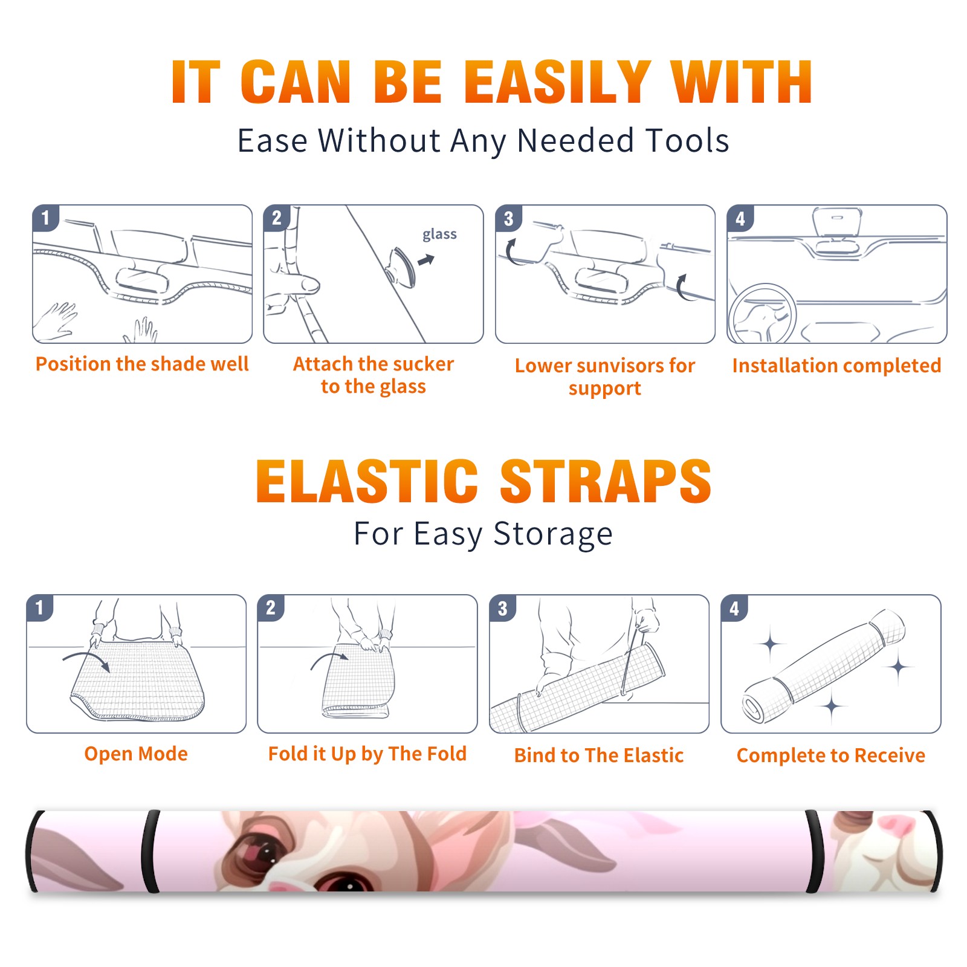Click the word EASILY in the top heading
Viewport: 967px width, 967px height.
(557, 82)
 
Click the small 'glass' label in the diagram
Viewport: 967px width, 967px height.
(439, 234)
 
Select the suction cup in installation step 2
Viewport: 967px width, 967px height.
(401, 267)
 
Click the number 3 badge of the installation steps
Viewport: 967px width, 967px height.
(508, 219)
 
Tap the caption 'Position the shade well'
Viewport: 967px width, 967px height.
(142, 364)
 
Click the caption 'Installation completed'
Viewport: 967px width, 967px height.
(836, 365)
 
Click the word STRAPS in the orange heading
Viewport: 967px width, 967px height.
(606, 481)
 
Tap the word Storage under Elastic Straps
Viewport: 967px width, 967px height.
(553, 534)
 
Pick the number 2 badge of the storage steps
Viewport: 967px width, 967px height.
(271, 607)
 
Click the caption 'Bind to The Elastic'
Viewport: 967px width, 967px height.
(599, 755)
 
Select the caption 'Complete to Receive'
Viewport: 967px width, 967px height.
(831, 755)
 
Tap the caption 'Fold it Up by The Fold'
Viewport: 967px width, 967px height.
(367, 754)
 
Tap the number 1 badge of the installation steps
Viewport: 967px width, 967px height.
(45, 218)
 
